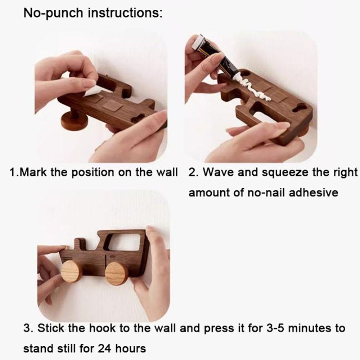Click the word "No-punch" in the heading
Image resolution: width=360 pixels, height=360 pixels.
point(53,13)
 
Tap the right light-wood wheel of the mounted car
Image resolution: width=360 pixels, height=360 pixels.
point(117,274)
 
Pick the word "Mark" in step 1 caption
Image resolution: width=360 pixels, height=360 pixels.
point(33,172)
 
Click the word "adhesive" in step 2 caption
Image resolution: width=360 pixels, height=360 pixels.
point(314,192)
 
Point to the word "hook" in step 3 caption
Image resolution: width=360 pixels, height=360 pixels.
point(102,328)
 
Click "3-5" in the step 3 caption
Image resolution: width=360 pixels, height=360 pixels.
point(275,328)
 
